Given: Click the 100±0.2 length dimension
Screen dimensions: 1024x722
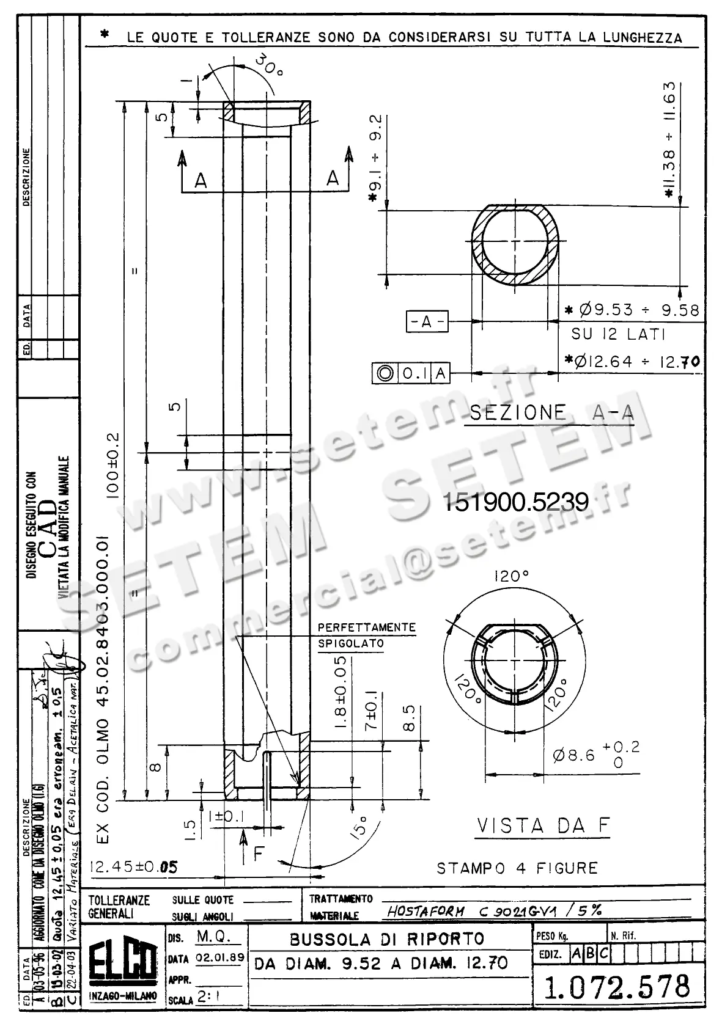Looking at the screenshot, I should point(114,467).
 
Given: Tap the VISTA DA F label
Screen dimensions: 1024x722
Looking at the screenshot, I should point(543,826).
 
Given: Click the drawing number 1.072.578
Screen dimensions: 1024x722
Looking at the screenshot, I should point(617,987).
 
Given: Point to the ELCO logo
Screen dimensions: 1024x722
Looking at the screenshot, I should point(122,968).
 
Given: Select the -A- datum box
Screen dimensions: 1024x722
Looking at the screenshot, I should point(427,321).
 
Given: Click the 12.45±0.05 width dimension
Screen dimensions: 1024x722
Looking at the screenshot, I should point(133,868).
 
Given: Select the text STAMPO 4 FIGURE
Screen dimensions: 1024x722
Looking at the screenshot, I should point(517,868).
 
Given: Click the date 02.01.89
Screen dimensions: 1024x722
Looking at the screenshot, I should point(220,958).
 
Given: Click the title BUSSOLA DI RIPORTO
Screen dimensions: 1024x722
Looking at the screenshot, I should point(386,938).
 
